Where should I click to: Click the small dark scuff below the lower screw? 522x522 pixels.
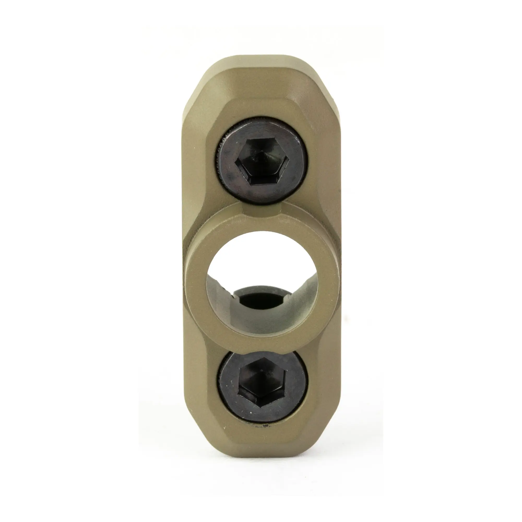coord(263,427)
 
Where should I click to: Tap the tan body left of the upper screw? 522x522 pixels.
coord(199,162)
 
